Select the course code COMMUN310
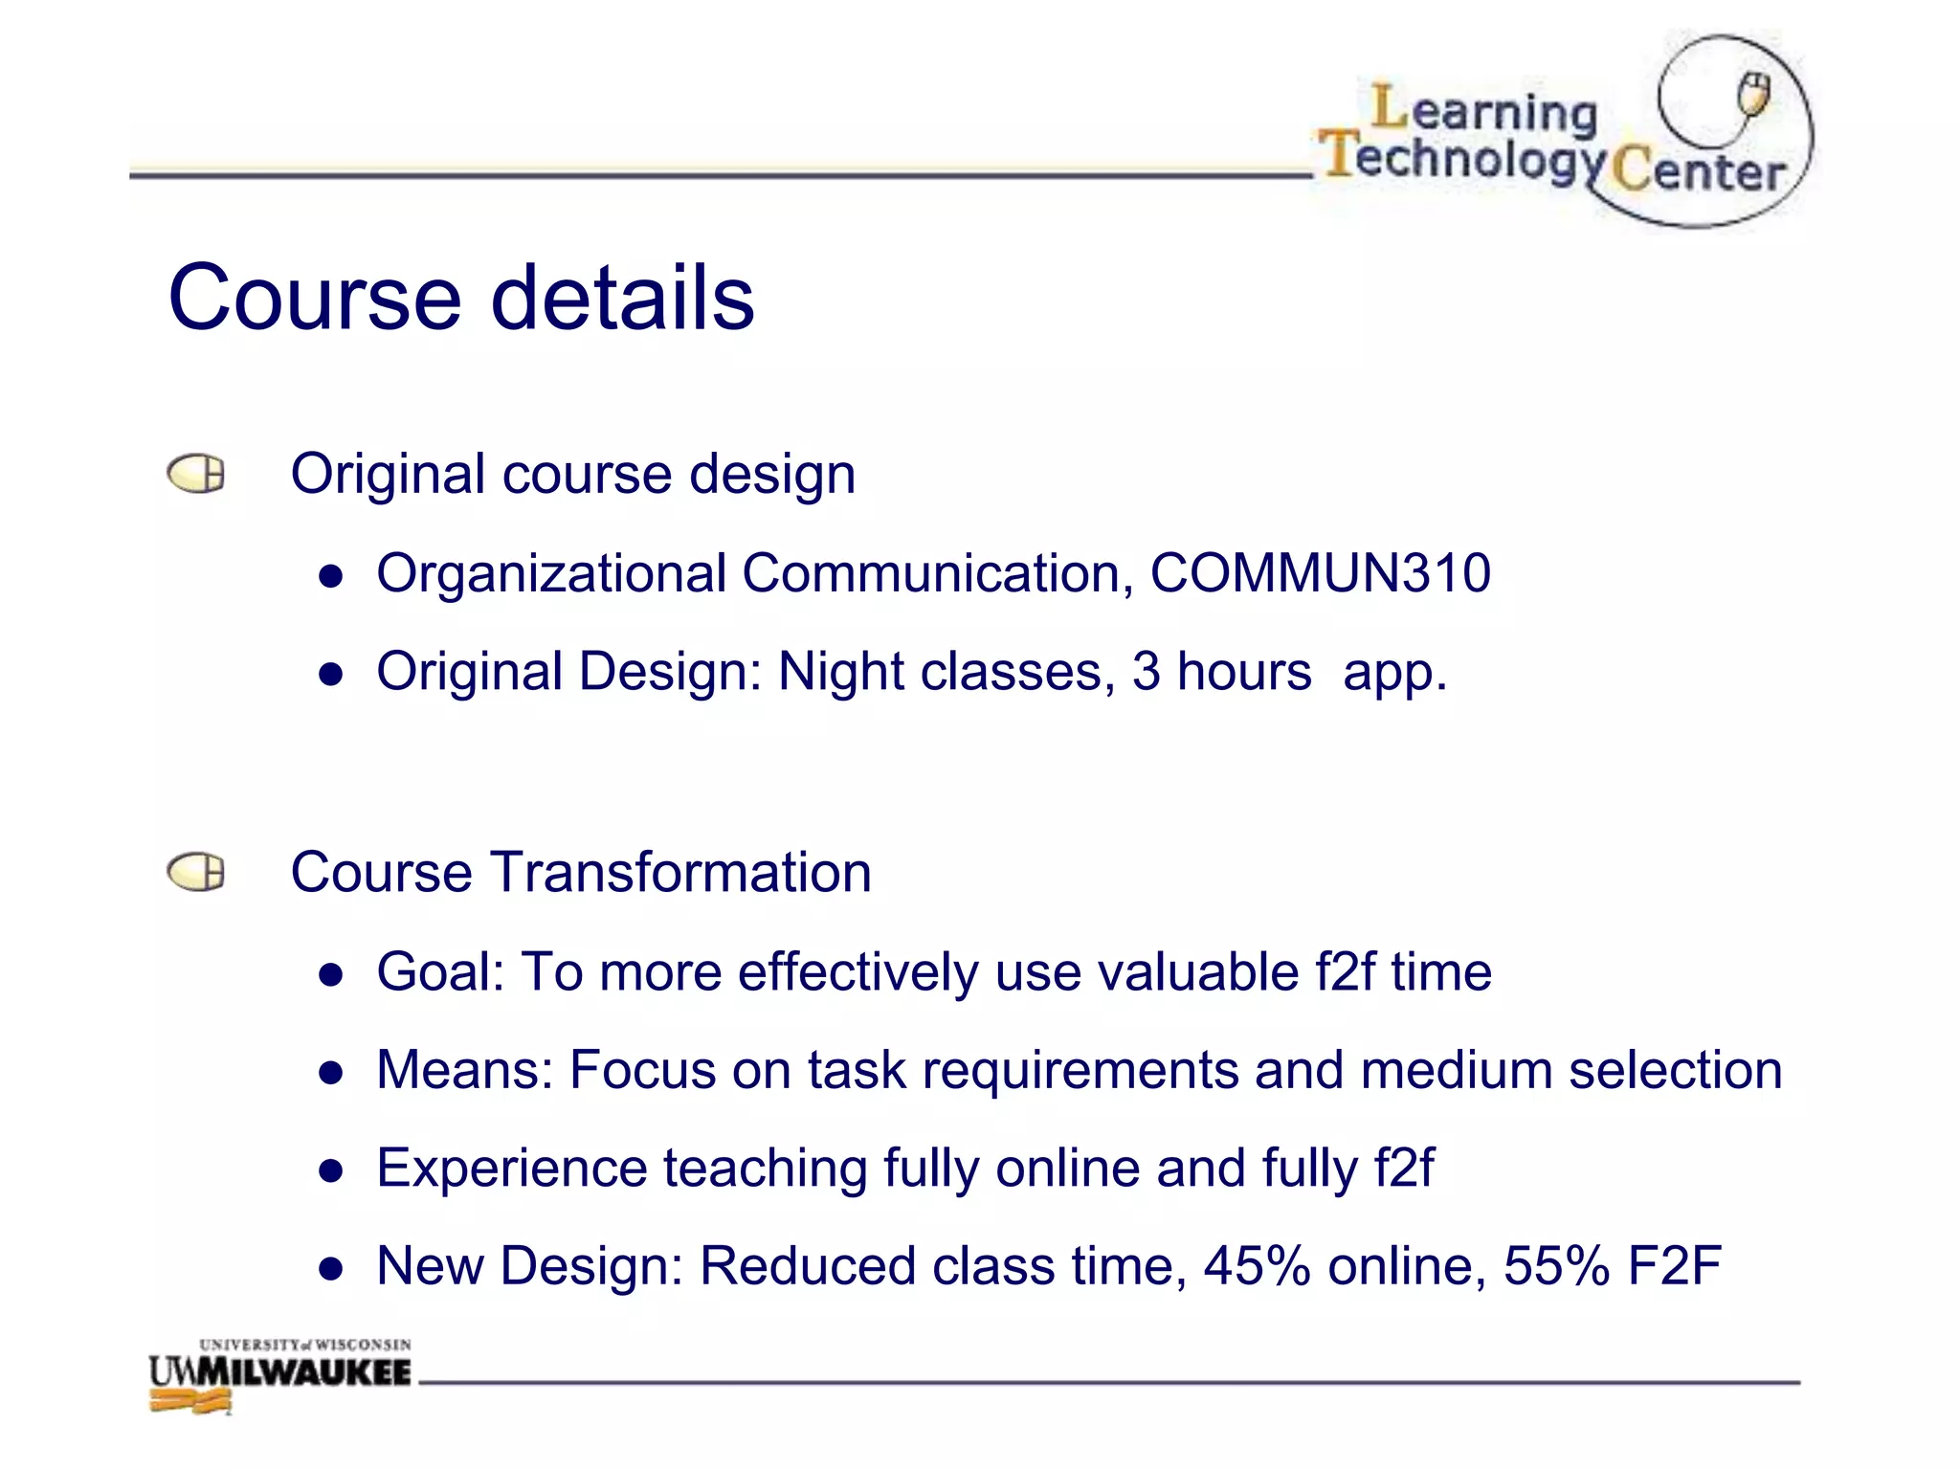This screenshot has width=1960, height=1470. click(1320, 573)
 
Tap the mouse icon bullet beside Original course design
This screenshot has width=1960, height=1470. click(196, 474)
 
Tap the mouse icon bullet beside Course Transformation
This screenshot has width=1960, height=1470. click(196, 872)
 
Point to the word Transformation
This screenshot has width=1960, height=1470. click(680, 872)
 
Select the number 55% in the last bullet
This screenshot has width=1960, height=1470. click(1556, 1265)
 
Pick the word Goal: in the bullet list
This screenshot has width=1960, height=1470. click(440, 972)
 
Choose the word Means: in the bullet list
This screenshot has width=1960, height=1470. click(465, 1070)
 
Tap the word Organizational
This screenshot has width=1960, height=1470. click(551, 573)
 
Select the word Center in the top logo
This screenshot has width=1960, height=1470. click(1700, 170)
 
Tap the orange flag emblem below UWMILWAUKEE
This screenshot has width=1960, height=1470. click(191, 1403)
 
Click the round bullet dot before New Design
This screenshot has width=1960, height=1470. click(331, 1269)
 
